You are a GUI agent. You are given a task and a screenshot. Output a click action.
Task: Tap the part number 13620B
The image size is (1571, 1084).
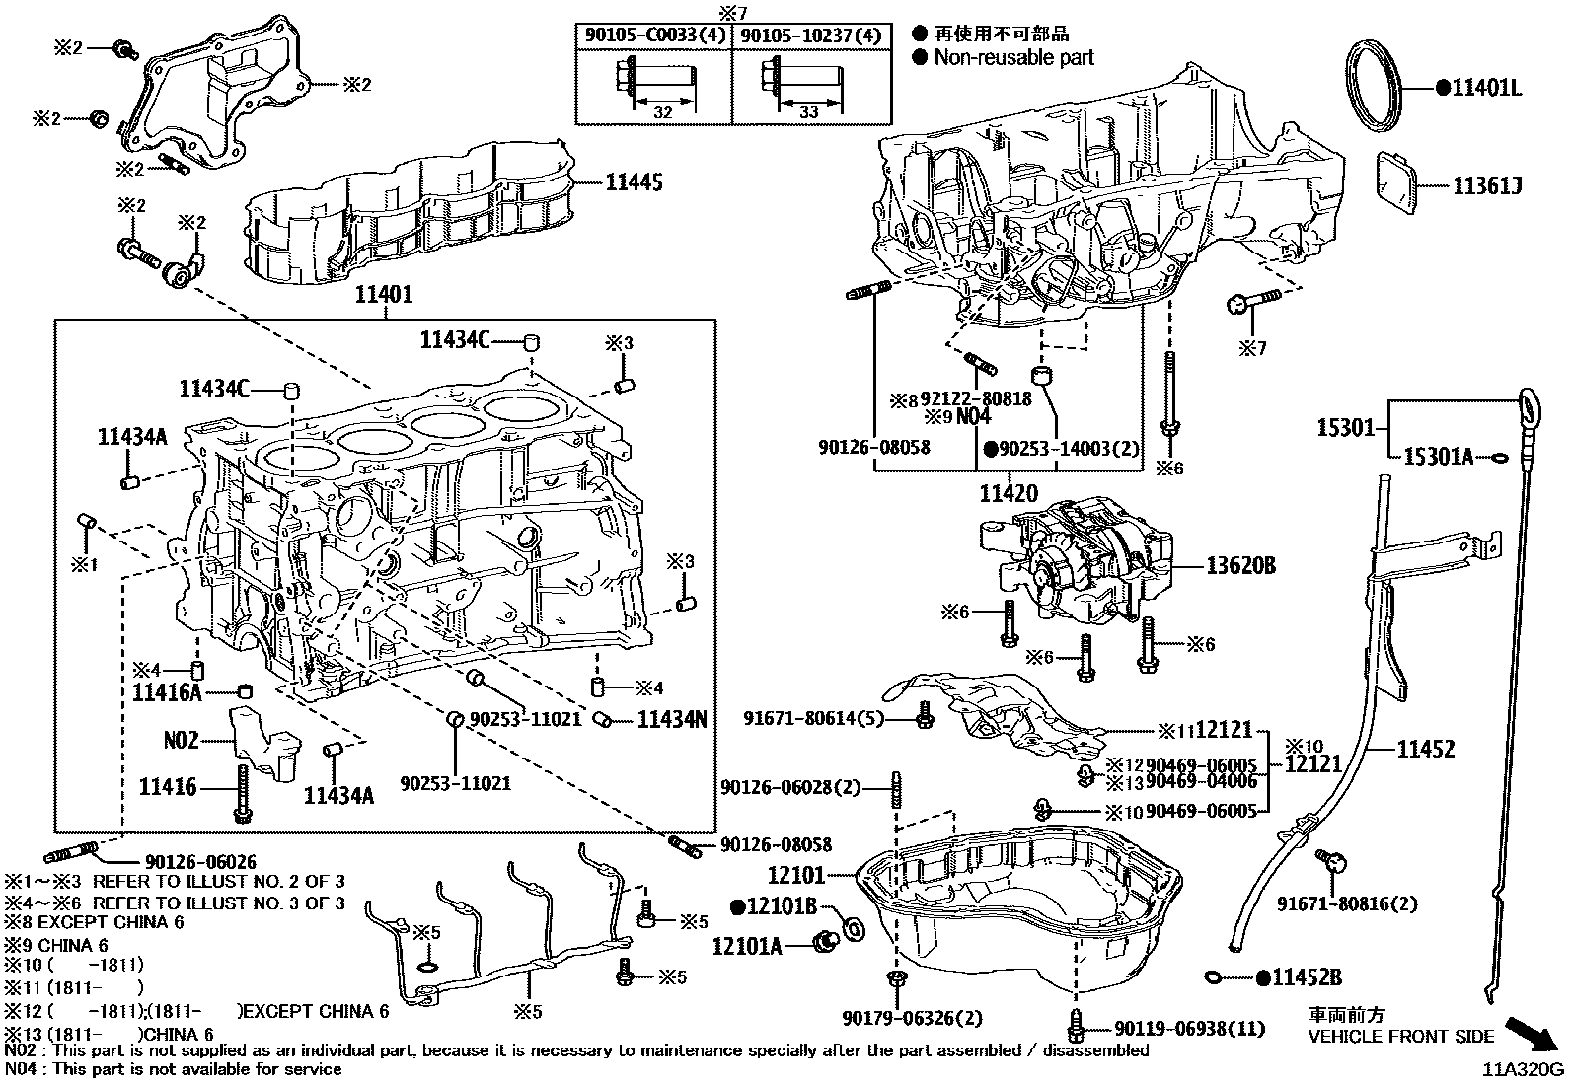click(x=1240, y=566)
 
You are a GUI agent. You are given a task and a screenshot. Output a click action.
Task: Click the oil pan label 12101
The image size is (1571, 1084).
click(x=795, y=875)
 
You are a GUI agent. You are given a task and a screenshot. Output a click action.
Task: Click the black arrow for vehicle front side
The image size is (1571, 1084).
click(x=1533, y=1035)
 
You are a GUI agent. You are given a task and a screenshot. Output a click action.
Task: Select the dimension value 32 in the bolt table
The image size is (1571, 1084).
click(x=662, y=112)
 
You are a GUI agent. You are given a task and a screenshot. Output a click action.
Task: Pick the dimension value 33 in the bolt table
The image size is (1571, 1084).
click(x=809, y=112)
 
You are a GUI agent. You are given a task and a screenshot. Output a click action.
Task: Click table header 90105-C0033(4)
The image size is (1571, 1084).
click(x=653, y=36)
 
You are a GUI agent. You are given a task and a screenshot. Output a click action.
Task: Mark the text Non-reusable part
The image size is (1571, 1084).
click(x=1013, y=58)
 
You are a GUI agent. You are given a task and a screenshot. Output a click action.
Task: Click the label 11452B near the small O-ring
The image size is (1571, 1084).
click(x=1307, y=977)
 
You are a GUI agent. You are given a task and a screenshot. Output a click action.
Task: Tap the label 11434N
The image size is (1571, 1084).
click(x=671, y=720)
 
